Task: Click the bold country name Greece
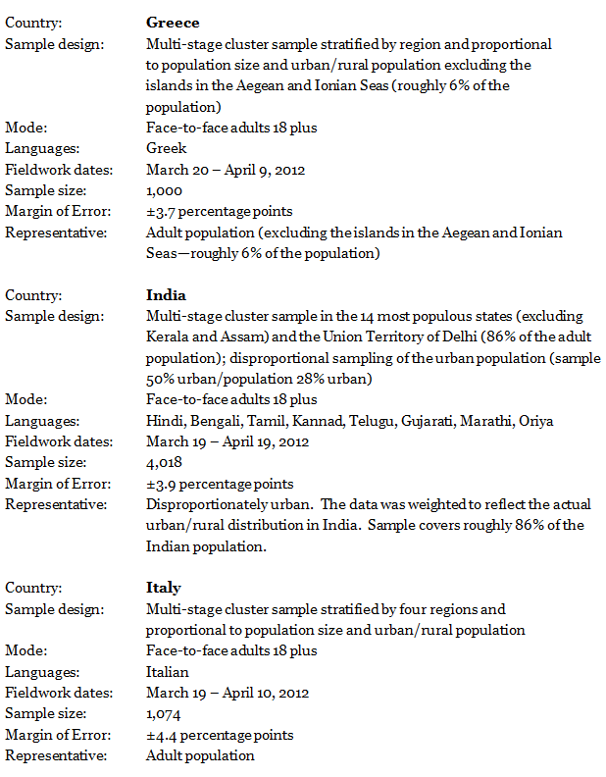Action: tap(173, 22)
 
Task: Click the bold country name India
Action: tap(166, 295)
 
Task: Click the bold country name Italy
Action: tap(164, 588)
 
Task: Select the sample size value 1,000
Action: tap(164, 190)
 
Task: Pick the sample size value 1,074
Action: tap(164, 714)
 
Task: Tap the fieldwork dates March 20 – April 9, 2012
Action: tap(226, 170)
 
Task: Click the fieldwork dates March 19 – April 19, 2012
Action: tap(227, 441)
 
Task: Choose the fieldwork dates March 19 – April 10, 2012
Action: tap(227, 693)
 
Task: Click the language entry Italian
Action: tap(168, 672)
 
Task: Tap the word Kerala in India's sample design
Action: tap(167, 337)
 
